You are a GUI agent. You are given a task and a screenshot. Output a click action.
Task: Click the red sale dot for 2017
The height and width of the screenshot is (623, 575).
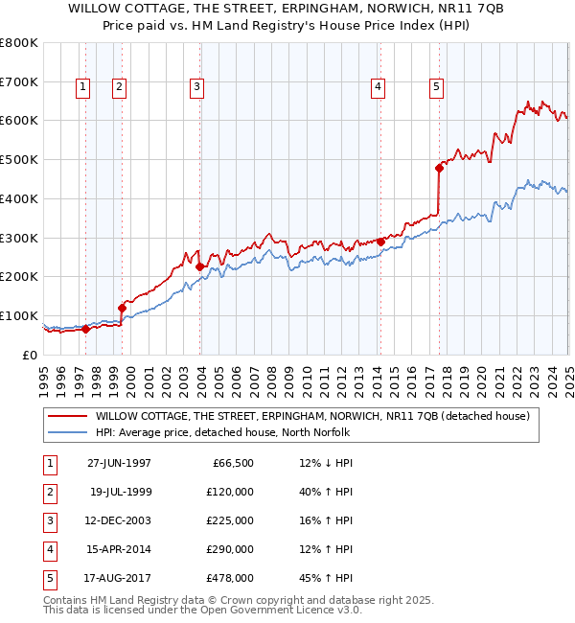pos(440,168)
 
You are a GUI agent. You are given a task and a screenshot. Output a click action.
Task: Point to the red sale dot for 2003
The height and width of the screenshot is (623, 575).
pos(200,266)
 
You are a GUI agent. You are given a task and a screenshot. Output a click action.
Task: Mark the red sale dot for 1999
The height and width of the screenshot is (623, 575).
pos(123,308)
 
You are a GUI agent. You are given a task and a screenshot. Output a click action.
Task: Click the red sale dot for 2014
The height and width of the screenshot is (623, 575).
pos(381,242)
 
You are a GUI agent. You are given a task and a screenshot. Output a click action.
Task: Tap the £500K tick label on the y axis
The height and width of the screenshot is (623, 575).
pos(19,159)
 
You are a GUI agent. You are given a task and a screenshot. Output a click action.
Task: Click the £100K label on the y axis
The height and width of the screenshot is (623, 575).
pos(19,315)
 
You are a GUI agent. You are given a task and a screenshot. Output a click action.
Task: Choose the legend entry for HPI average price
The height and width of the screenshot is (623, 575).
pos(222,433)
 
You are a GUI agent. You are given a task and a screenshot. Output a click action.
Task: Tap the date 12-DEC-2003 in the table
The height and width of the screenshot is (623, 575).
pos(119,521)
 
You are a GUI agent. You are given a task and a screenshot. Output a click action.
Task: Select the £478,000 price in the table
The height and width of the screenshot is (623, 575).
pos(231,579)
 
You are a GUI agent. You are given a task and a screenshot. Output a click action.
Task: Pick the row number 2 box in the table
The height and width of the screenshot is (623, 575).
pos(48,493)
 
